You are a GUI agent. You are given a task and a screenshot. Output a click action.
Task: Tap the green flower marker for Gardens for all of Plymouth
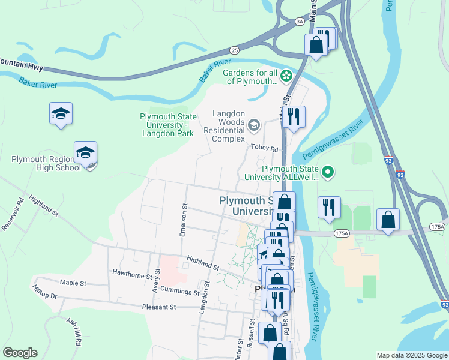tap(286, 76)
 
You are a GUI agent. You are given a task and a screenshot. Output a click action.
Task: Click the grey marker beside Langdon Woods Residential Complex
tap(253, 125)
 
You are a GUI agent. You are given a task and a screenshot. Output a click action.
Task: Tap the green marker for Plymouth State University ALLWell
tap(327, 173)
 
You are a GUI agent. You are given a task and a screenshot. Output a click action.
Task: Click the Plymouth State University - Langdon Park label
tap(167, 125)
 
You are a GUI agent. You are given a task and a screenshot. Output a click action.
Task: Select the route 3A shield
tap(300, 21)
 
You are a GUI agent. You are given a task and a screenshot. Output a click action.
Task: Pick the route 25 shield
tap(234, 50)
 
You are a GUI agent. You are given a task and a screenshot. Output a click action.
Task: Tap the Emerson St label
tap(184, 222)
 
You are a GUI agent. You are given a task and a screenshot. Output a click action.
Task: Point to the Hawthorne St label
tap(133, 274)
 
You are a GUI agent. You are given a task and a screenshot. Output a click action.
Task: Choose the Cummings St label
tap(179, 292)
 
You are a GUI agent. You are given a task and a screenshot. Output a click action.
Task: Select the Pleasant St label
tap(158, 307)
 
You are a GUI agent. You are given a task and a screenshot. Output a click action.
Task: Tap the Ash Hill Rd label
tap(73, 331)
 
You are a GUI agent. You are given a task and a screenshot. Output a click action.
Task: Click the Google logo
tap(20, 353)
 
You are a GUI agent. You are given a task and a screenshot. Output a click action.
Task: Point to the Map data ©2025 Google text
tap(411, 355)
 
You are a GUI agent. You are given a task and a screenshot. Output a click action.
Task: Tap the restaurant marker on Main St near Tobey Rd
tap(293, 116)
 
